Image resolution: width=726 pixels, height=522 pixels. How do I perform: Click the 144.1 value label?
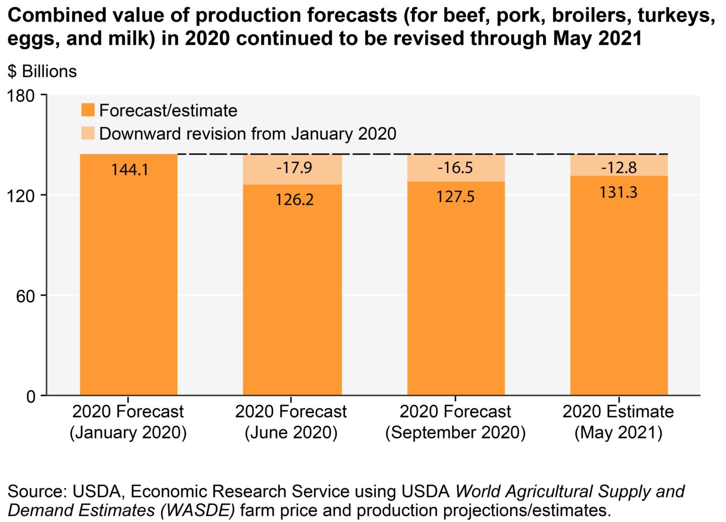tap(130, 170)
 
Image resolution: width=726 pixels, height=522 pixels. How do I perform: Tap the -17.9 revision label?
tap(294, 167)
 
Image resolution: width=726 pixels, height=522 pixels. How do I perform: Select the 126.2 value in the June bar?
tap(294, 200)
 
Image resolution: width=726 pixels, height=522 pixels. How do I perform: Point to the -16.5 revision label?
tap(455, 167)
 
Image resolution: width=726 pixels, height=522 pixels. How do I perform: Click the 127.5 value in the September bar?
tap(455, 197)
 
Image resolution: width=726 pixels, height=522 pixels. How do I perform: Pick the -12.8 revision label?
tap(619, 167)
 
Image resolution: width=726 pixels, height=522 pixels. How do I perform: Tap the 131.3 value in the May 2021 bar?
tap(619, 192)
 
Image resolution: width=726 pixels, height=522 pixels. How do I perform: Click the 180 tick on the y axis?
tap(23, 95)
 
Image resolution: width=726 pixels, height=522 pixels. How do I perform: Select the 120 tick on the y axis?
tap(23, 195)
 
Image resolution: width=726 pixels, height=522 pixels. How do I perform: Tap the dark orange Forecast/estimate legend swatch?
tap(88, 110)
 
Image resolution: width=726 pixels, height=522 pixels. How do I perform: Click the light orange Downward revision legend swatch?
tap(88, 134)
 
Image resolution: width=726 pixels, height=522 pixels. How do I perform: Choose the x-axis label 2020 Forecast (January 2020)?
tap(128, 422)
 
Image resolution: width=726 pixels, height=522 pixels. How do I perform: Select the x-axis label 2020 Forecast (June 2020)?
tap(291, 422)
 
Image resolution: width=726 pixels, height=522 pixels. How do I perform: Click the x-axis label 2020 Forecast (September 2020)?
tap(455, 422)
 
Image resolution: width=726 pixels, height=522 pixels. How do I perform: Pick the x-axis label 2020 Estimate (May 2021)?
tap(618, 422)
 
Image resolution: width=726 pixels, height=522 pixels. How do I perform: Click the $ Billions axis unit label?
tap(42, 72)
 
